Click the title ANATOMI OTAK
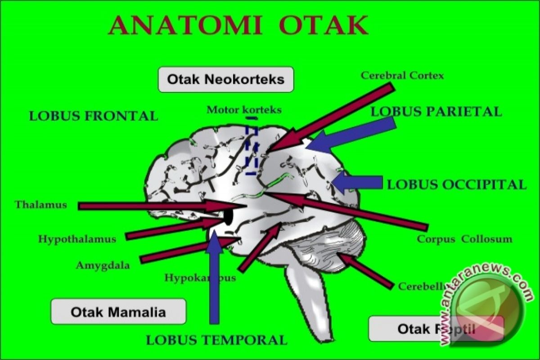pyautogui.click(x=238, y=26)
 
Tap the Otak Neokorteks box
pyautogui.click(x=225, y=80)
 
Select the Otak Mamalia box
pyautogui.click(x=118, y=312)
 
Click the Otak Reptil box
pyautogui.click(x=435, y=329)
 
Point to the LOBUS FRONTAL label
pyautogui.click(x=94, y=116)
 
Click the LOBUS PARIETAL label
pyautogui.click(x=436, y=112)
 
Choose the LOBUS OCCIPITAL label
pyautogui.click(x=456, y=184)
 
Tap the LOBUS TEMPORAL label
pyautogui.click(x=216, y=340)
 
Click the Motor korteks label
pyautogui.click(x=244, y=109)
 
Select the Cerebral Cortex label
pyautogui.click(x=402, y=76)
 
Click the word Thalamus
pyautogui.click(x=40, y=205)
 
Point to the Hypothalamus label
pyautogui.click(x=77, y=239)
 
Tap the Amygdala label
pyautogui.click(x=103, y=265)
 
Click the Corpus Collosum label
pyautogui.click(x=464, y=239)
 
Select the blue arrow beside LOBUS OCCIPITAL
pyautogui.click(x=358, y=182)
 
